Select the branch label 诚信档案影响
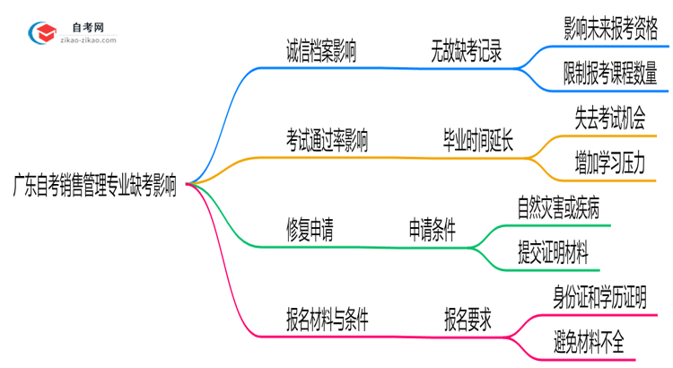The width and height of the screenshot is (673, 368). (x=320, y=53)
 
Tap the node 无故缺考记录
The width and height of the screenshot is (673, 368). (x=466, y=53)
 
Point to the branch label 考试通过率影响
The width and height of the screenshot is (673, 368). (x=327, y=142)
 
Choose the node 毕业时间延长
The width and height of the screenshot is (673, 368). (x=478, y=142)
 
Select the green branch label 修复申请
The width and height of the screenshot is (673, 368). (x=310, y=231)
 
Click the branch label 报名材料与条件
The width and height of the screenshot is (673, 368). (x=327, y=319)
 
